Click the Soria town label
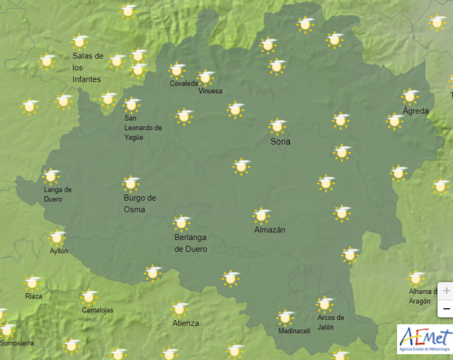click(x=280, y=142)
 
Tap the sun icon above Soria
click(x=277, y=126)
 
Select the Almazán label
click(x=270, y=230)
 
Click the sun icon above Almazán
click(x=261, y=216)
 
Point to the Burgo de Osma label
click(x=140, y=204)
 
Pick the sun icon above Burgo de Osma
click(x=131, y=183)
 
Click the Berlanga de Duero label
click(x=190, y=243)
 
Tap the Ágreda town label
click(x=416, y=111)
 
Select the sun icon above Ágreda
click(x=410, y=97)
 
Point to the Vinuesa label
click(x=210, y=91)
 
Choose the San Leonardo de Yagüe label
click(x=143, y=128)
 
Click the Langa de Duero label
click(x=57, y=194)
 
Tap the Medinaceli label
click(x=294, y=331)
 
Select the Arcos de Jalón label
click(x=331, y=322)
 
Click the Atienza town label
click(x=185, y=323)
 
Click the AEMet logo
click(x=424, y=338)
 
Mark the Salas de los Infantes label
click(x=88, y=67)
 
